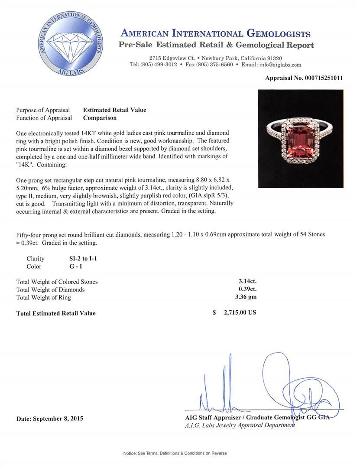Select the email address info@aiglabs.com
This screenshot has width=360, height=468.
278,65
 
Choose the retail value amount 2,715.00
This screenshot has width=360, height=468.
240,312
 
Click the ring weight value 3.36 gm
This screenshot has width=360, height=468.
245,298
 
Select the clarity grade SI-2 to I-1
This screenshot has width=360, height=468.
78,259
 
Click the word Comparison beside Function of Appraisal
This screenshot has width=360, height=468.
100,118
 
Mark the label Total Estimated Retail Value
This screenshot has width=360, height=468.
56,313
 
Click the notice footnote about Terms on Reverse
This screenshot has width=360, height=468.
175,453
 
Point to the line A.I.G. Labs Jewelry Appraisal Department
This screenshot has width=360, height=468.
240,426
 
